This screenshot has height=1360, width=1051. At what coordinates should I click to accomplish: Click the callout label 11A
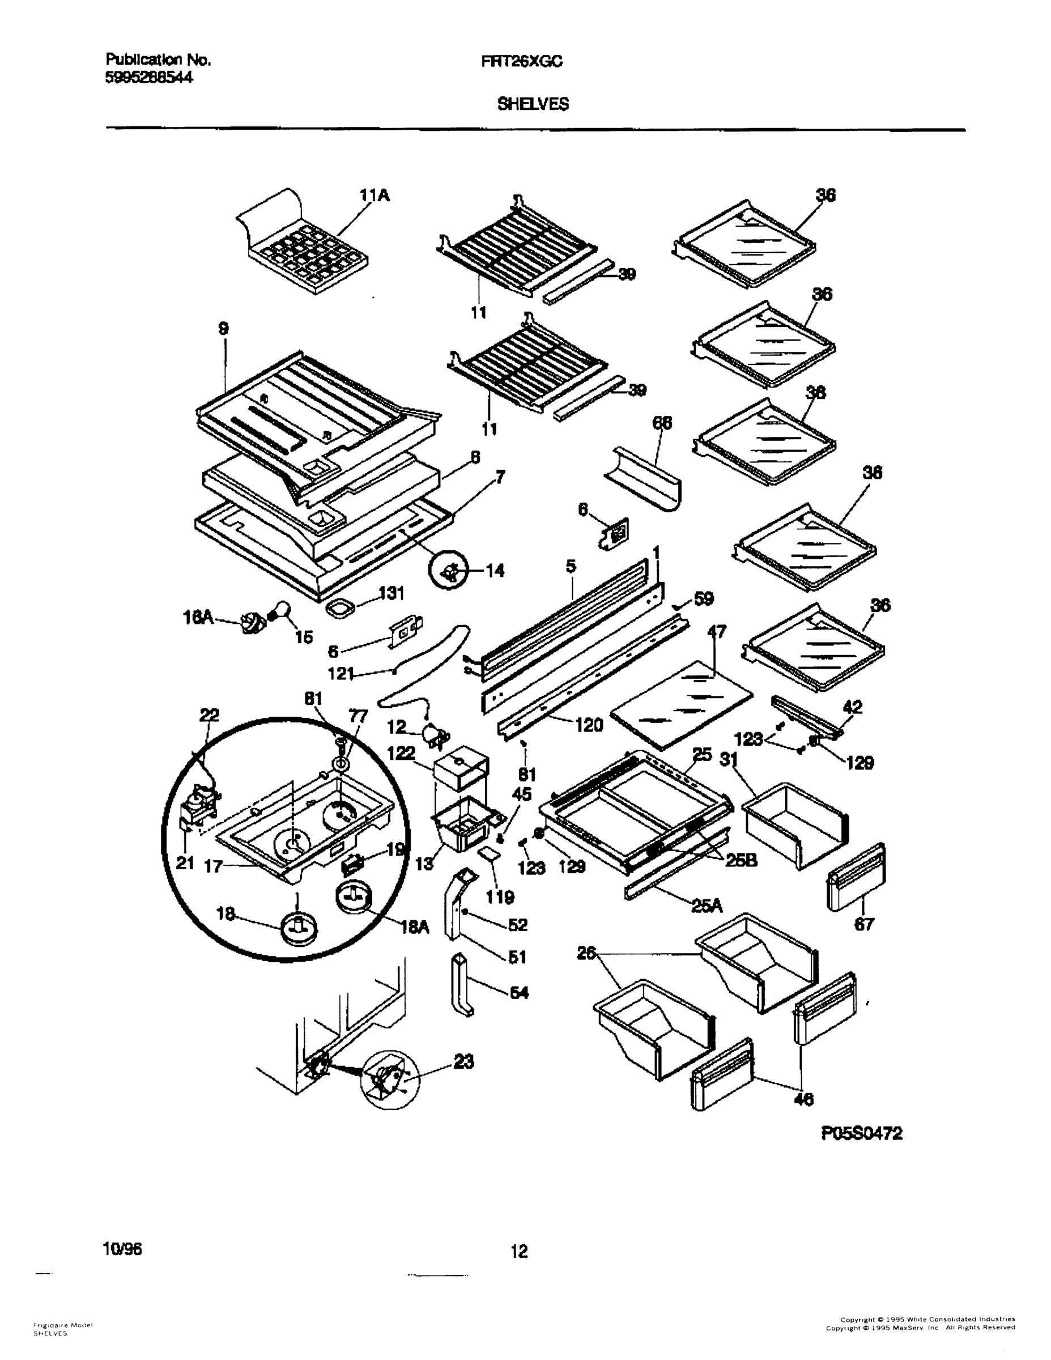[375, 196]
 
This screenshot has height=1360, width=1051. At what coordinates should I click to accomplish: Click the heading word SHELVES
[533, 105]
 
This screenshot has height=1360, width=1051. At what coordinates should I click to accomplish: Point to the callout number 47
[716, 632]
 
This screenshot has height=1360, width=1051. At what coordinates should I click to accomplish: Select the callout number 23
[464, 1060]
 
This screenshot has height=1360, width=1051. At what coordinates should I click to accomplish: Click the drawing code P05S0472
[862, 1134]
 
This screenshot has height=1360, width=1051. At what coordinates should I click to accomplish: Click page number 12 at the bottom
[518, 1251]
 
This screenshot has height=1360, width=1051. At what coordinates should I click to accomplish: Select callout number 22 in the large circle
[209, 716]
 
